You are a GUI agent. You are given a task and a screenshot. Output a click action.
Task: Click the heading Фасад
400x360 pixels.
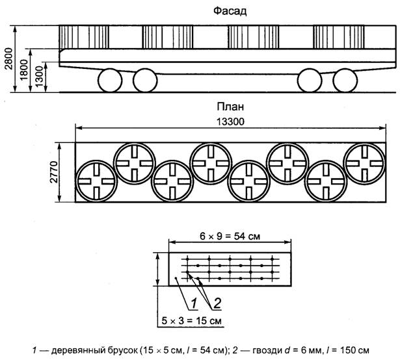230,12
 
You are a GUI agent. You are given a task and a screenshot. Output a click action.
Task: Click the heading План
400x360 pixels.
230,107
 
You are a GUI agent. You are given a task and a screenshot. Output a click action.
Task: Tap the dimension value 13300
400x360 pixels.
230,122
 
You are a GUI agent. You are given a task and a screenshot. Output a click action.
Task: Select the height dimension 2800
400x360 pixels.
8,58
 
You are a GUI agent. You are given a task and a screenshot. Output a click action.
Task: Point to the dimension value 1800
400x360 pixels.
23,70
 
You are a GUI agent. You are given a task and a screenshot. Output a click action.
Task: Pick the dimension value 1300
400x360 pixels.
39,77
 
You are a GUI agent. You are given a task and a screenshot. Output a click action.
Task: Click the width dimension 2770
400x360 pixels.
54,172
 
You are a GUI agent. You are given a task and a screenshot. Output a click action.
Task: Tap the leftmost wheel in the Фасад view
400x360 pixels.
110,80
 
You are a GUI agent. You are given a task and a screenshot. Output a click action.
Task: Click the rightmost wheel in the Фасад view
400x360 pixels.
345,80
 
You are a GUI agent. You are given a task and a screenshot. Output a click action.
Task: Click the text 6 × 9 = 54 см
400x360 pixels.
230,237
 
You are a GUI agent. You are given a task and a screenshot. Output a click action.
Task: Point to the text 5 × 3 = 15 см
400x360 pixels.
191,321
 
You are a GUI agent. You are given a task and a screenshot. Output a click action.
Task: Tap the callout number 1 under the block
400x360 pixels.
194,303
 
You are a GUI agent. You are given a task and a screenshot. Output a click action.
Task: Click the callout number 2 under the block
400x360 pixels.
217,303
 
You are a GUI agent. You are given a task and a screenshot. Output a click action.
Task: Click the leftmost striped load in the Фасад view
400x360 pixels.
84,37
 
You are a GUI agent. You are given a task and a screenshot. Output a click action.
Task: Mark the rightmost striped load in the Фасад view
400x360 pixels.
339,37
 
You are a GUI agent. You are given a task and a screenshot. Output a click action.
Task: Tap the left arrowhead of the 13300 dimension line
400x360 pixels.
78,128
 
